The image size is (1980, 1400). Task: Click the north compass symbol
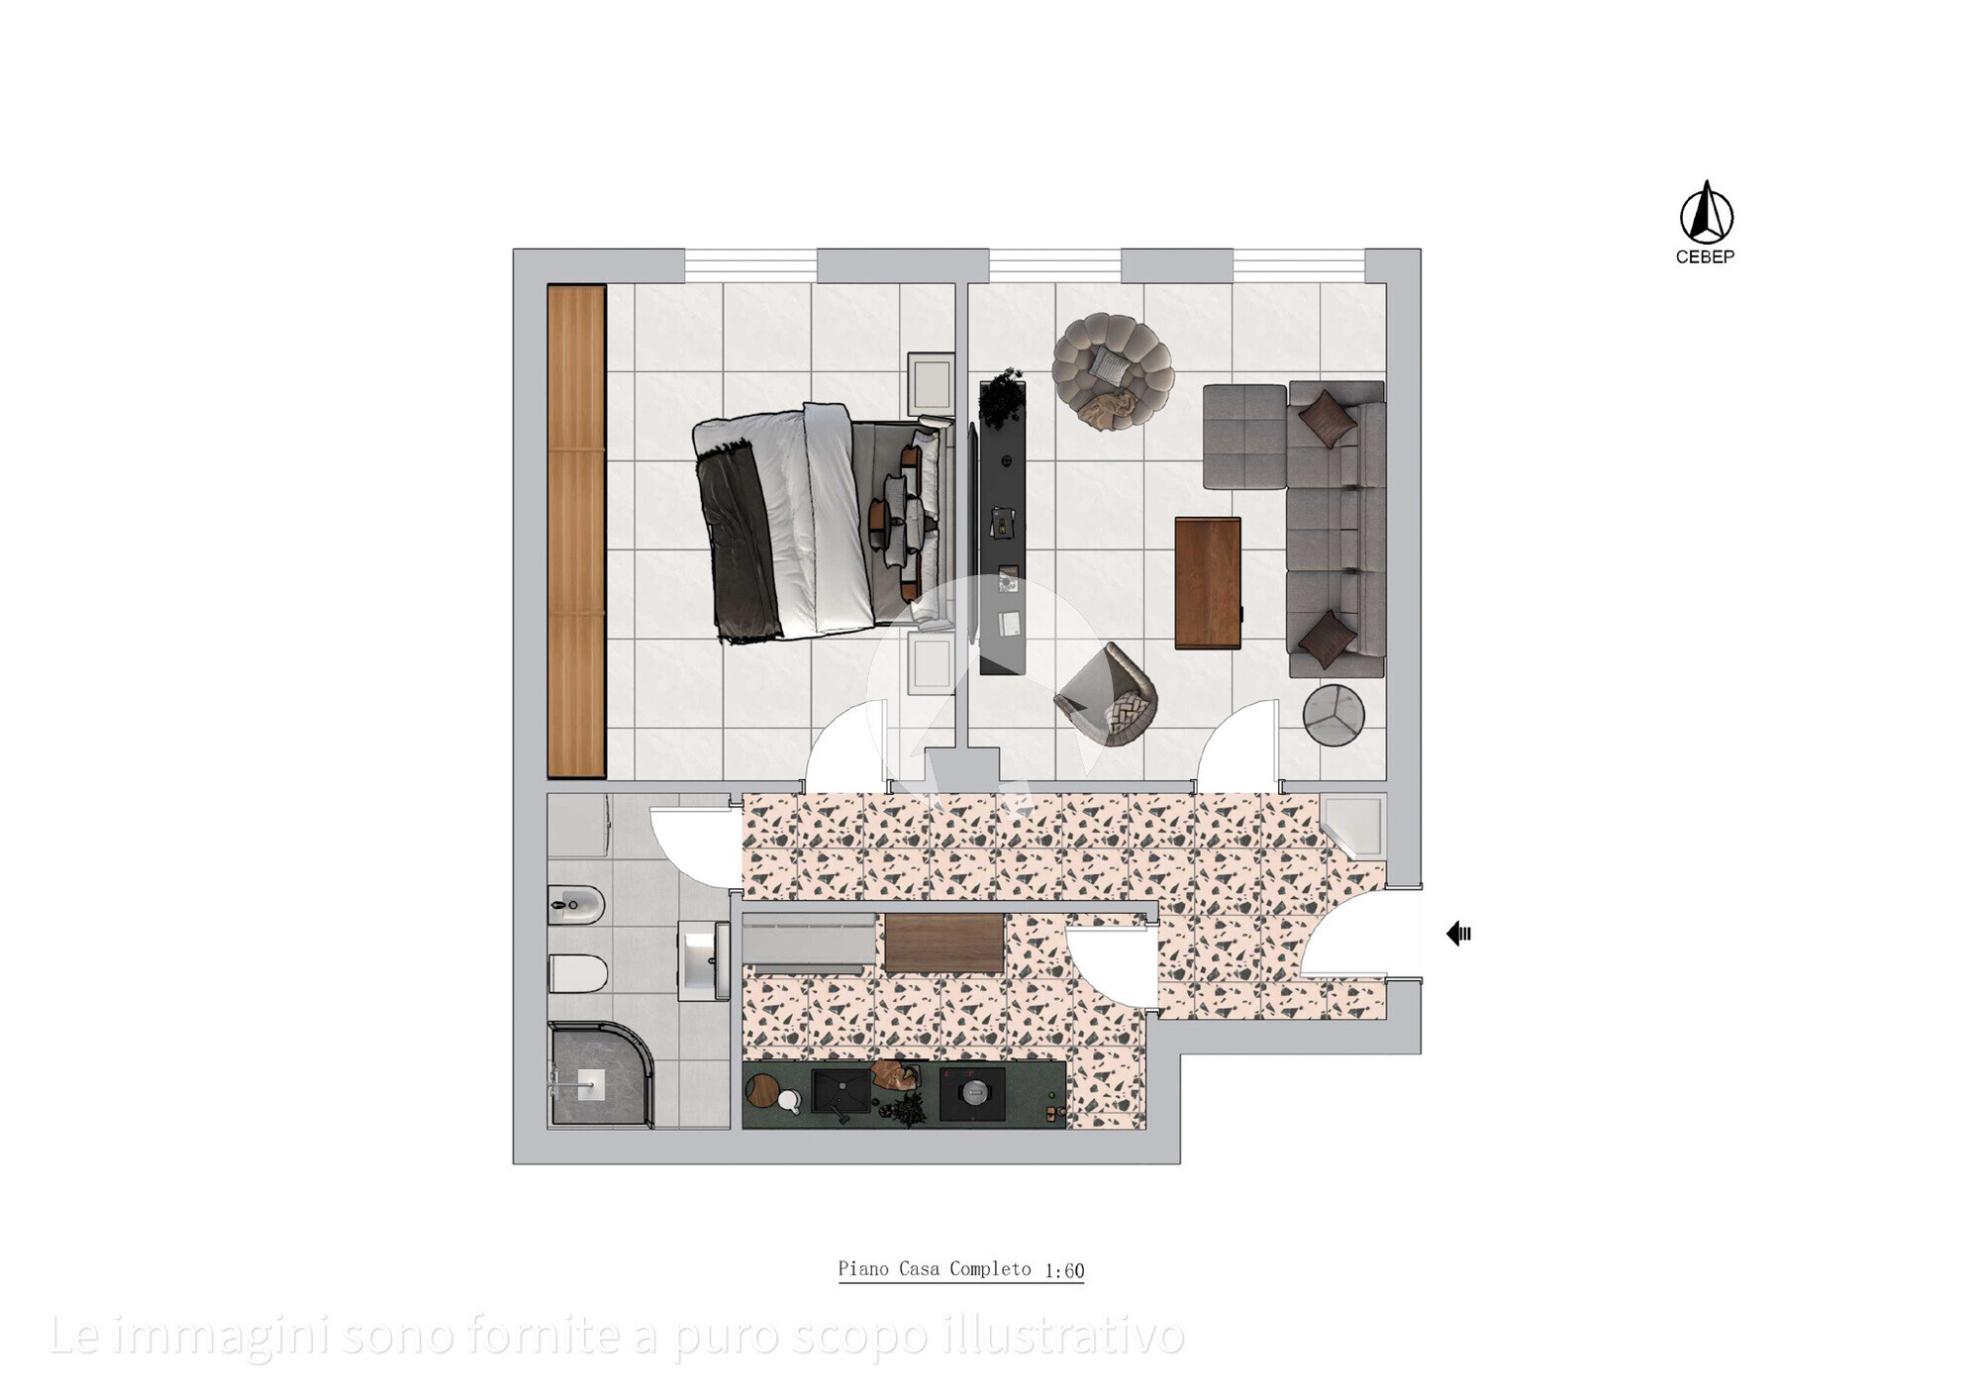pyautogui.click(x=1707, y=213)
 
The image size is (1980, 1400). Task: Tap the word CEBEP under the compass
pyautogui.click(x=1705, y=257)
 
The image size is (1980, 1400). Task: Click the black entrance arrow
pyautogui.click(x=1459, y=933)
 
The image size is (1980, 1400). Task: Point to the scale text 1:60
pyautogui.click(x=1064, y=1270)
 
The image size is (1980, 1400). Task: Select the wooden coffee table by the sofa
pyautogui.click(x=1208, y=583)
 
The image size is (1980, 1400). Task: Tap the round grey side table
pyautogui.click(x=1334, y=714)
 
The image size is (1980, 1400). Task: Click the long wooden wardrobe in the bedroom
pyautogui.click(x=576, y=531)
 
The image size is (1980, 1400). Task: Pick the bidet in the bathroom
pyautogui.click(x=576, y=904)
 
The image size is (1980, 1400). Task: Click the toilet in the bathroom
pyautogui.click(x=577, y=973)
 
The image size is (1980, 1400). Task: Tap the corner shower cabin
pyautogui.click(x=599, y=1075)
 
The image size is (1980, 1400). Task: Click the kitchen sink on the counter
pyautogui.click(x=841, y=1091)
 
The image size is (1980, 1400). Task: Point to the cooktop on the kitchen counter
pyautogui.click(x=972, y=1093)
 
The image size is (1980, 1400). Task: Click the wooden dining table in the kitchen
pyautogui.click(x=944, y=943)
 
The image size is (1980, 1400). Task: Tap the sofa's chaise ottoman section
pyautogui.click(x=1244, y=437)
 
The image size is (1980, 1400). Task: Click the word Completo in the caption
pyautogui.click(x=990, y=1269)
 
